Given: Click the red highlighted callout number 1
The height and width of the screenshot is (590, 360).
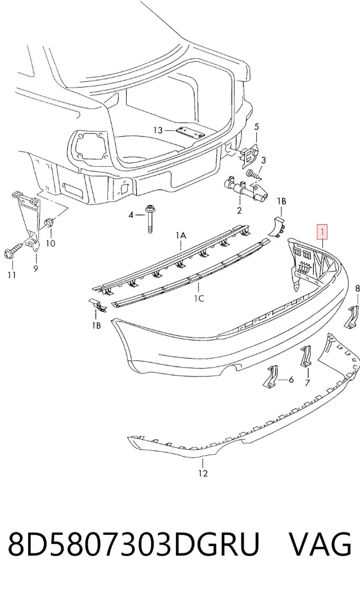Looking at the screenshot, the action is click(x=323, y=232).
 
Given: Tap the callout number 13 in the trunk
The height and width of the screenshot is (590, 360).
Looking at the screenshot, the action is click(x=158, y=130).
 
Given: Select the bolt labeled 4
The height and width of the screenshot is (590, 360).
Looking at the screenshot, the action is click(x=150, y=219).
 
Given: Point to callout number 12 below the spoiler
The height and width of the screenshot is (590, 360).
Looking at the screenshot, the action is click(x=203, y=473).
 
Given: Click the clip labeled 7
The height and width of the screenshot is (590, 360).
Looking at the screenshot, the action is click(x=306, y=357).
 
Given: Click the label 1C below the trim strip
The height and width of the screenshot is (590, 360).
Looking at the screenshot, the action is click(x=199, y=299).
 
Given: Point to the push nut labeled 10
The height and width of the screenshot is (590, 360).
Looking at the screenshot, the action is click(x=49, y=223).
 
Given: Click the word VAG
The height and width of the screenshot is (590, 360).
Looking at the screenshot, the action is click(x=320, y=543).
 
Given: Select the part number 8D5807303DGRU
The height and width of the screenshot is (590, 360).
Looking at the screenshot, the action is click(x=134, y=543).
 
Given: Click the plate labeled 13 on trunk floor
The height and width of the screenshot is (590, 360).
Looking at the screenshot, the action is click(x=190, y=133).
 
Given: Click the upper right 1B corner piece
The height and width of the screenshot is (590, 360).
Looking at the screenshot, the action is click(x=277, y=226).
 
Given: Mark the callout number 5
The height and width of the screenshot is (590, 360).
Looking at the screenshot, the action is click(x=257, y=127).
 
